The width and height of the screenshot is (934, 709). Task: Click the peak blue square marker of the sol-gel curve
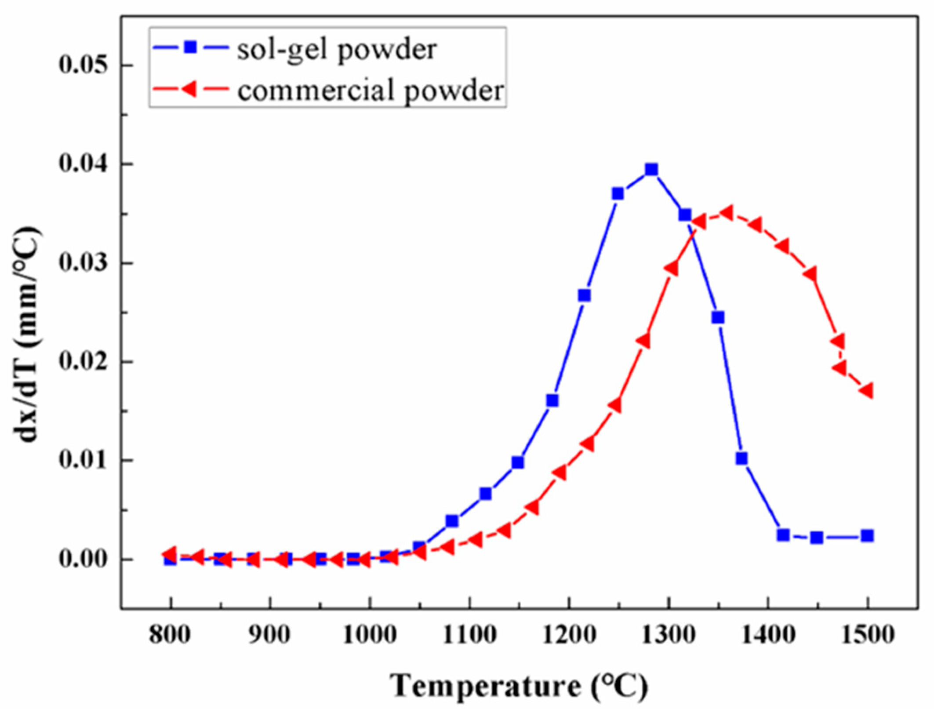click(651, 170)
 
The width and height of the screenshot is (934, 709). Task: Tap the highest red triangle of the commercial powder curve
click(727, 213)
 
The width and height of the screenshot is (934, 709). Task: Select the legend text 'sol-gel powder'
click(337, 50)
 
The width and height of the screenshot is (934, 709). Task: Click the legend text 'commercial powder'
click(371, 91)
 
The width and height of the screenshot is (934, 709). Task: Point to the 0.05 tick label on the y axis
click(84, 65)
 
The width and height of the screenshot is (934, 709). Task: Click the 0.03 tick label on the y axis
click(84, 263)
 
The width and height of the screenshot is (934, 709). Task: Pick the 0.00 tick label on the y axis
click(84, 560)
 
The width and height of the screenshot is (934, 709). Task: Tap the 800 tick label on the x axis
click(170, 635)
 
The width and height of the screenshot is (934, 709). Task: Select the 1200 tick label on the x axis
click(569, 635)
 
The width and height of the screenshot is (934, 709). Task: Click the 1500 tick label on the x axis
click(868, 635)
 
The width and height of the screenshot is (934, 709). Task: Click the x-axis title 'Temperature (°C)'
click(519, 686)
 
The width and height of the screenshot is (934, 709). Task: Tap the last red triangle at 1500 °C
click(867, 390)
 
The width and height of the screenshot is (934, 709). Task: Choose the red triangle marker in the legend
click(189, 89)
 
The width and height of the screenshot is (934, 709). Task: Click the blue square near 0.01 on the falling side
click(741, 458)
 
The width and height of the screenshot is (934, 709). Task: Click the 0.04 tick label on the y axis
click(84, 164)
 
